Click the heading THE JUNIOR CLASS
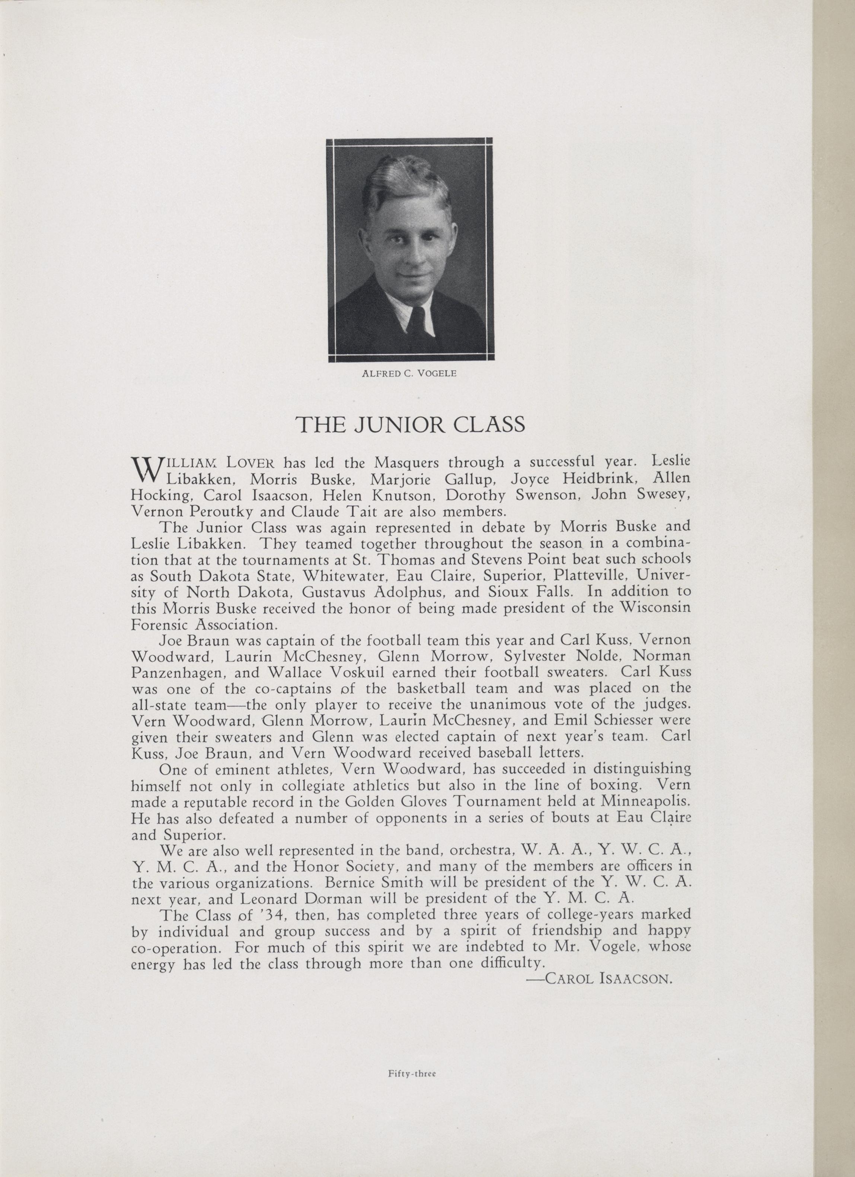tap(410, 425)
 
